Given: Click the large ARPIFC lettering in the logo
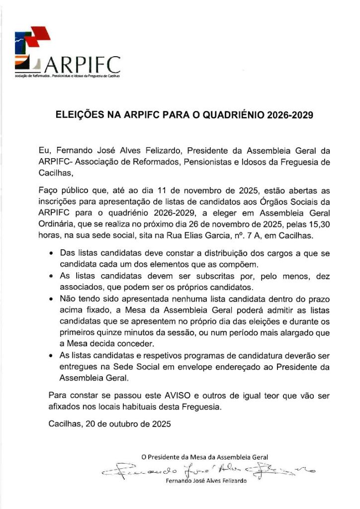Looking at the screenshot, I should click(x=83, y=65).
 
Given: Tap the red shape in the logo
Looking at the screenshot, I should click(x=40, y=35).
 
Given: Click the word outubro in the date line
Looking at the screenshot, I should click(x=125, y=424).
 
